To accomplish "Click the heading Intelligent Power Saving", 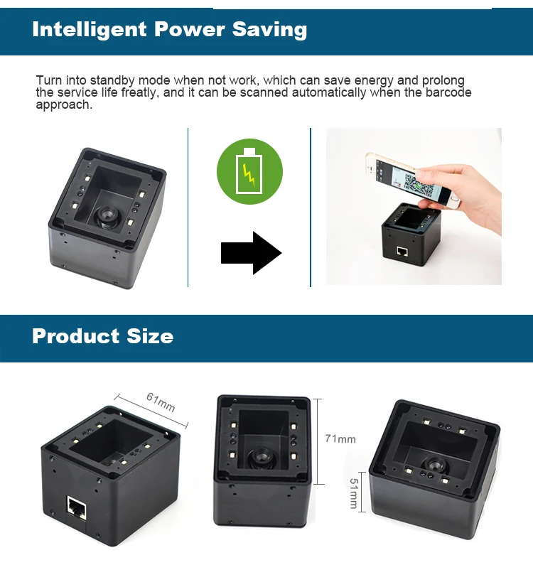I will (169, 29).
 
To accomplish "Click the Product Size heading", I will (102, 335).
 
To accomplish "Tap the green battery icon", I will (249, 171).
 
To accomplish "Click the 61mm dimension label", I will (161, 402).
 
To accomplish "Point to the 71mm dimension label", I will (340, 439).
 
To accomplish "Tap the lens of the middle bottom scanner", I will (262, 456).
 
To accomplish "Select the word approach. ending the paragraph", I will (64, 105).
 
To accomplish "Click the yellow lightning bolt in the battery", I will (249, 172).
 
